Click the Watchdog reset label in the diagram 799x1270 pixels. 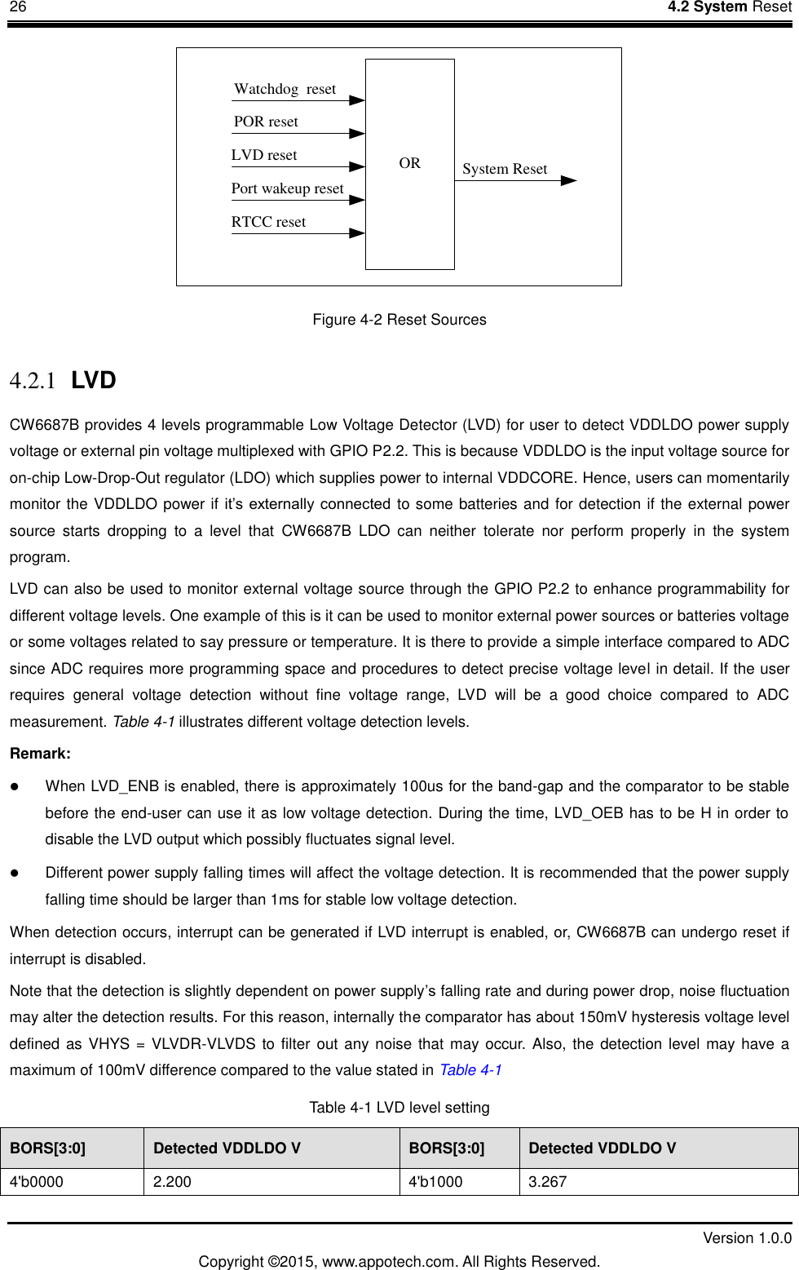coord(285,89)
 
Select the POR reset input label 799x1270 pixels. coord(266,122)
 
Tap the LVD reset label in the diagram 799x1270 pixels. coord(264,155)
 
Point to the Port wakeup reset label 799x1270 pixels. coord(287,188)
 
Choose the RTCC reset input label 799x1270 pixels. coord(268,222)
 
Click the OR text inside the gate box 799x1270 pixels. coord(409,163)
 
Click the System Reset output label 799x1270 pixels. coord(505,169)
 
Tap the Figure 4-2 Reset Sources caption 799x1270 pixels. coord(399,320)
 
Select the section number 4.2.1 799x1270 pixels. coord(33,381)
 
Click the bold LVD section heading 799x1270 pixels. coord(94,380)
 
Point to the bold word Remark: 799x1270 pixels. coord(40,754)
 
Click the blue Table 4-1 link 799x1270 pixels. coord(470,1070)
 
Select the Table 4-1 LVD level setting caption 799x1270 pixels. coord(399,1108)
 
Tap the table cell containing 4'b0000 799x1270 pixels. coord(72,1182)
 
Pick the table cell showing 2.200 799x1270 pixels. coord(271,1182)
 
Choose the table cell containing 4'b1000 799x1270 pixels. coord(459,1182)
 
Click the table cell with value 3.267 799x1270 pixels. coord(658,1182)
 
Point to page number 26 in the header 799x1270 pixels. coord(18,7)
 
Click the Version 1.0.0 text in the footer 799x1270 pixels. coord(747,1238)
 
